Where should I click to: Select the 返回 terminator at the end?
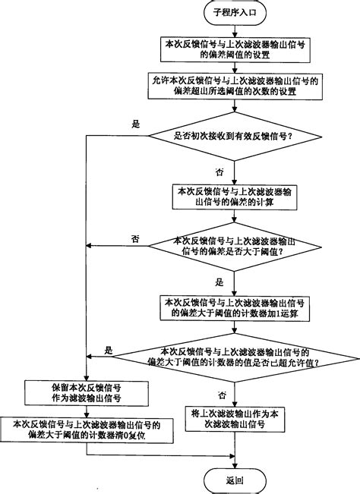point(235,479)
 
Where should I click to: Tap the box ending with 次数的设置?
point(235,87)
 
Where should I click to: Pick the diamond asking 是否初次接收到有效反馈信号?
point(235,137)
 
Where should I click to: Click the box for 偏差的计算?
point(235,194)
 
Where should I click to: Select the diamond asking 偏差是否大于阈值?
point(235,247)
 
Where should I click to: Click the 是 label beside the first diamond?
point(137,125)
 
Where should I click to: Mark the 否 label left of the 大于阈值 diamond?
point(135,238)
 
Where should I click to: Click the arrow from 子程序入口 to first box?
point(235,31)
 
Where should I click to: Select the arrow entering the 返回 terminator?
point(235,461)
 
